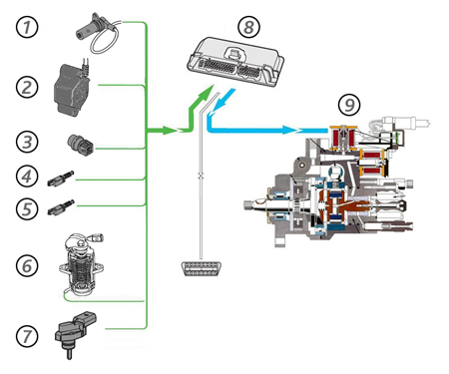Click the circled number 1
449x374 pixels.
tap(27, 27)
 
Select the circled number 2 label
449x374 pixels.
tap(27, 87)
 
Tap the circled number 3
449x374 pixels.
tap(27, 142)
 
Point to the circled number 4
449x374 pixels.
tap(27, 176)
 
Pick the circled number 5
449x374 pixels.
tap(27, 208)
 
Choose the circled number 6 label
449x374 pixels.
tap(27, 265)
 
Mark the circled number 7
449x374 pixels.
tap(27, 336)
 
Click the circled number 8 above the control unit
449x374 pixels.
tap(249, 27)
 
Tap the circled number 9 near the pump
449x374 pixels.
tap(349, 105)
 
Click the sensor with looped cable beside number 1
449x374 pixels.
tap(97, 33)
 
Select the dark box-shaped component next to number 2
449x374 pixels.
tap(73, 89)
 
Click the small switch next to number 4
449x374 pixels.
tap(61, 178)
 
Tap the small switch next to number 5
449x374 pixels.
tap(61, 207)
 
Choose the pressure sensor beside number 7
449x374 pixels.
tap(76, 333)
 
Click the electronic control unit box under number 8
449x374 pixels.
tap(234, 62)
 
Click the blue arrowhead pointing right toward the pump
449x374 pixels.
tap(288, 130)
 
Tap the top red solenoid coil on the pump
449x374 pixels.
tap(343, 137)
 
